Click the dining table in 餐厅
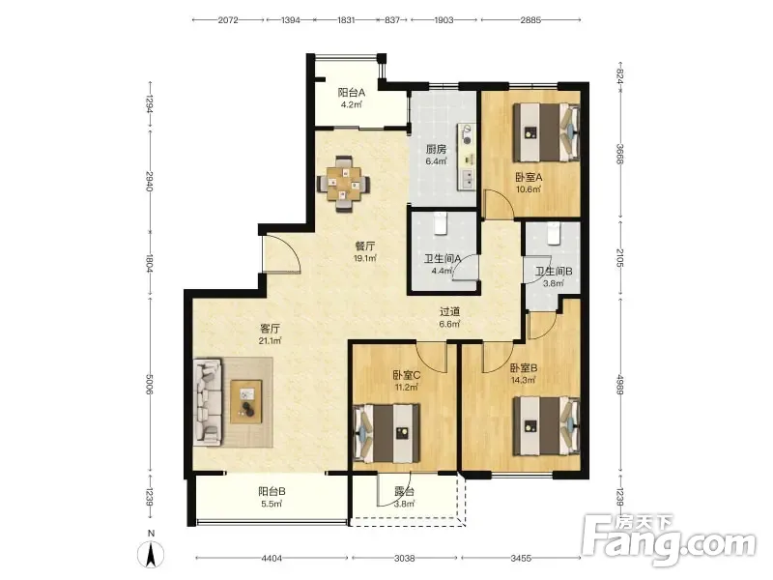pos(344,184)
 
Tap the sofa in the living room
pos(208,401)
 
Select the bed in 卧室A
pos(546,131)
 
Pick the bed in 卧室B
pos(546,426)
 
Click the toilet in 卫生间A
pos(441,223)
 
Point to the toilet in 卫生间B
pos(554,233)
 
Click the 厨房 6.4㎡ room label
pos(437,155)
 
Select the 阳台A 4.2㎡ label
pos(352,99)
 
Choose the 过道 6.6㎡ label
pos(449,318)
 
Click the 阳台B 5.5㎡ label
pos(272,498)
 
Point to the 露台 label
pos(404,492)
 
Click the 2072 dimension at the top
pos(228,20)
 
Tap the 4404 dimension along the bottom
pos(272,559)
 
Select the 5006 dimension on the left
pos(150,383)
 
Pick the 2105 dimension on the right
pos(620,258)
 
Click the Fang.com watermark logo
pos(670,540)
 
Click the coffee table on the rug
pos(246,401)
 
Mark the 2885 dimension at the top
pos(530,20)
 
